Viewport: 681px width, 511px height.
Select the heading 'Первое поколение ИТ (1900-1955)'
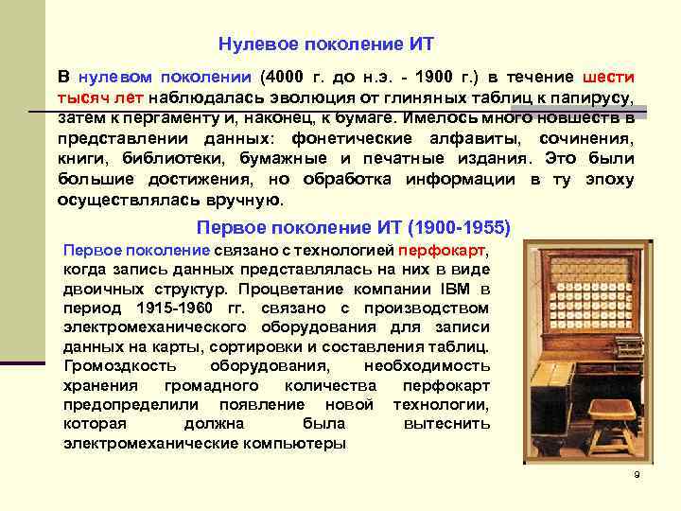coord(353,227)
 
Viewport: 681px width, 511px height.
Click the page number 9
coord(637,473)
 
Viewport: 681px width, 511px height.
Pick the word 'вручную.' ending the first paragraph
coord(243,200)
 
